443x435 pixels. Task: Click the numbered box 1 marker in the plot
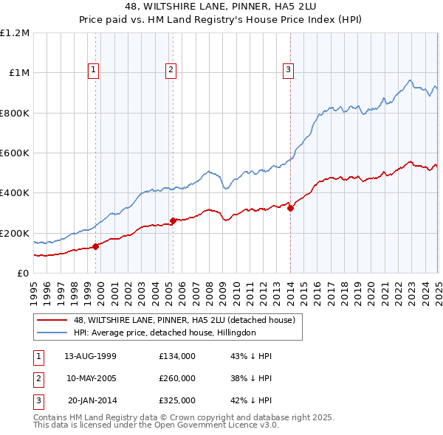(95, 70)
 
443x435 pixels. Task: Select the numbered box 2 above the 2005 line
(171, 70)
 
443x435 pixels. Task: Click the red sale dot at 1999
(96, 246)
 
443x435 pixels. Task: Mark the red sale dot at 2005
(173, 220)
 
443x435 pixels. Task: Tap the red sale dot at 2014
(290, 208)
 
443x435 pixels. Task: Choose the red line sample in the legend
(52, 320)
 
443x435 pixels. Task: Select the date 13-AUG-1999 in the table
(90, 356)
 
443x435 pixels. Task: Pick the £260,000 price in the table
(177, 378)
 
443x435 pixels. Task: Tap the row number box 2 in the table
(38, 378)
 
